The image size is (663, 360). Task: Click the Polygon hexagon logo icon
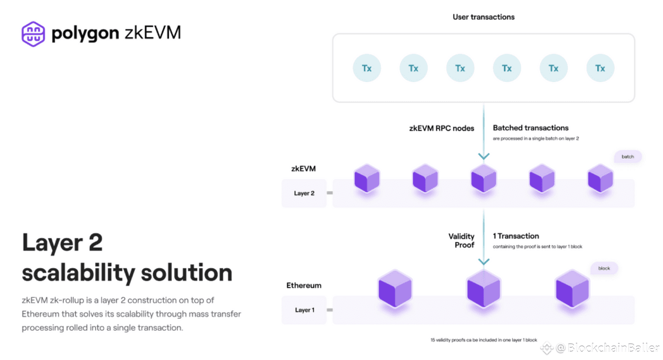[33, 34]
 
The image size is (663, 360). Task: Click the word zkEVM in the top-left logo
[152, 33]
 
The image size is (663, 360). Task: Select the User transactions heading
[484, 17]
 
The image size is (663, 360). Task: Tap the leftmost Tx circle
[367, 68]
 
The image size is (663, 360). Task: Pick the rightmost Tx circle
[600, 68]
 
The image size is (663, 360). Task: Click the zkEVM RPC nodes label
[441, 128]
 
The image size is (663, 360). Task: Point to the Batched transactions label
[530, 127]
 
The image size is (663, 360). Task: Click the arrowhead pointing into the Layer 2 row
[484, 156]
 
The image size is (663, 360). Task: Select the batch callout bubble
[627, 157]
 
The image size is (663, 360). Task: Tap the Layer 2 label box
[304, 193]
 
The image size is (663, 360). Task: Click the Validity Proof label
[461, 240]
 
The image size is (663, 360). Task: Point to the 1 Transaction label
[516, 236]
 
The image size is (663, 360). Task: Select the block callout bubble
[604, 269]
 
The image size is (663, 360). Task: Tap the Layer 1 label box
[304, 310]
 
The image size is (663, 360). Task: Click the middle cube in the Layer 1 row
[484, 289]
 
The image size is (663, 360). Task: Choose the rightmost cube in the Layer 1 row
[572, 289]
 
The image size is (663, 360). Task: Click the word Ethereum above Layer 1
[304, 286]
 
